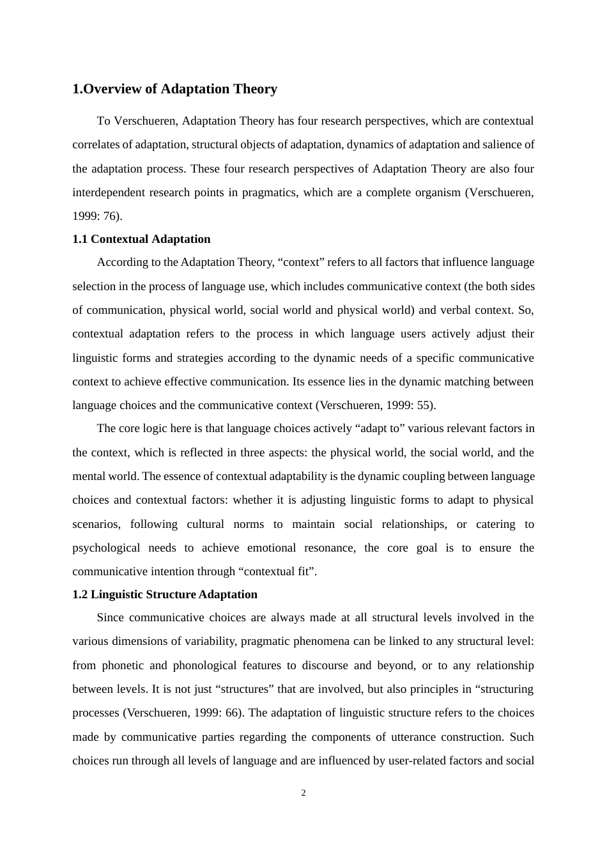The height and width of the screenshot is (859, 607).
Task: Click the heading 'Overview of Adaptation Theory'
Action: click(174, 89)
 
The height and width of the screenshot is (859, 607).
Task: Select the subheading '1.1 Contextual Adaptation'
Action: click(141, 239)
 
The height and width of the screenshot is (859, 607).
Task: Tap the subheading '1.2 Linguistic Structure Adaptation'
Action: click(165, 594)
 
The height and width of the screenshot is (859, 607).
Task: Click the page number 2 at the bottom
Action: click(303, 793)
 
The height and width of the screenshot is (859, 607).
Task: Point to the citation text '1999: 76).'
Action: click(97, 216)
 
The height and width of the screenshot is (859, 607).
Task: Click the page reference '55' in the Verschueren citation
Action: click(424, 405)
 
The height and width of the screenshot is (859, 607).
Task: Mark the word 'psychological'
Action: click(106, 548)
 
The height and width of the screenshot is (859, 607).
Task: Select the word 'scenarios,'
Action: click(96, 524)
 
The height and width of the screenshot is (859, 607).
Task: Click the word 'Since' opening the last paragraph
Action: click(109, 617)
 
